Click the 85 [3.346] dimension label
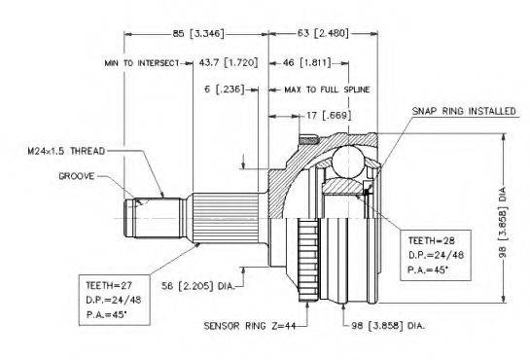[x=198, y=33]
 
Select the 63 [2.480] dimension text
[x=323, y=33]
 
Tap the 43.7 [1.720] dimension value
[x=229, y=62]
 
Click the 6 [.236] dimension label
[x=224, y=90]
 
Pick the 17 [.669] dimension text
[x=329, y=116]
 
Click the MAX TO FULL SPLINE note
[x=327, y=90]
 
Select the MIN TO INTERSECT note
[x=142, y=63]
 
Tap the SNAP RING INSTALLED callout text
[x=464, y=111]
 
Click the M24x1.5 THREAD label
[x=66, y=151]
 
